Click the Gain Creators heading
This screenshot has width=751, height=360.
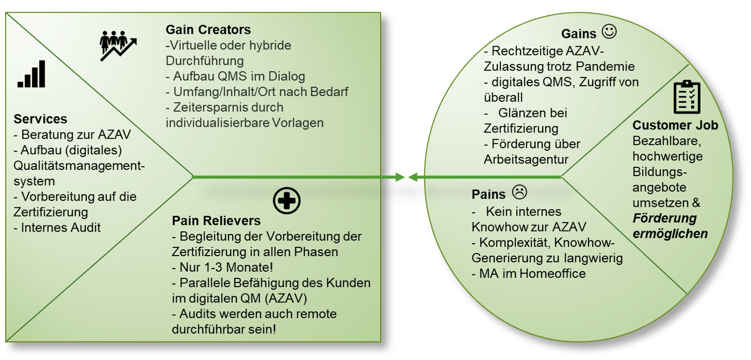coord(208,30)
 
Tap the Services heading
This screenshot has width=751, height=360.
coord(40,119)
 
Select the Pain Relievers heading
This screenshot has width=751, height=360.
coord(216,221)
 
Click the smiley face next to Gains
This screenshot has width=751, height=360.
coord(609,32)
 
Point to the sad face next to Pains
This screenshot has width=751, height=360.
coord(519,192)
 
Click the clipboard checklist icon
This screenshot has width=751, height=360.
coord(687,97)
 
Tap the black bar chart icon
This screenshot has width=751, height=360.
coord(32,74)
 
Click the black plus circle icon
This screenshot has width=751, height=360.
coord(287,201)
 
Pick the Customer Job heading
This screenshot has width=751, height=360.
coord(675,125)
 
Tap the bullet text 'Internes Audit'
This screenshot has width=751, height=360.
coord(57,228)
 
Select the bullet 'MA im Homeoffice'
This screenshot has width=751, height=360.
coord(529,273)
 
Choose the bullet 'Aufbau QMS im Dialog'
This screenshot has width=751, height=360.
coord(235,76)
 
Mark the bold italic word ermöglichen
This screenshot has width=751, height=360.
coord(670,234)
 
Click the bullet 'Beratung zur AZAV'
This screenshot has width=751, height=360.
coord(72,135)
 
